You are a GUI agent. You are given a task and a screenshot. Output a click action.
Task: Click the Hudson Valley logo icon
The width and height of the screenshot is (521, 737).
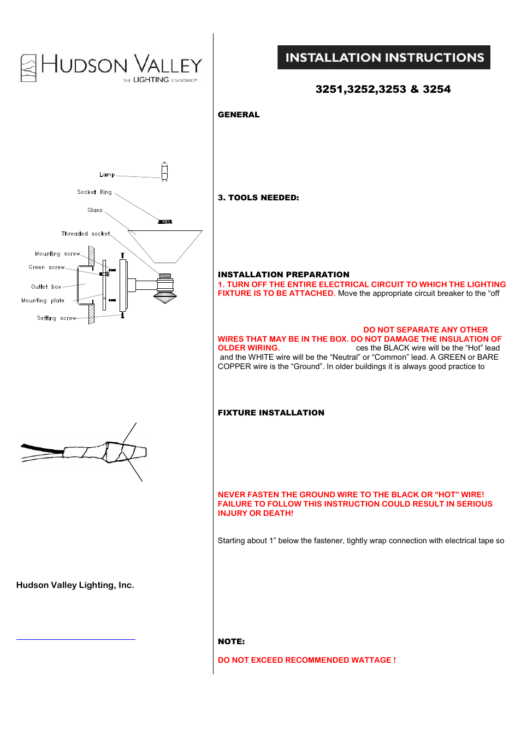tap(28, 68)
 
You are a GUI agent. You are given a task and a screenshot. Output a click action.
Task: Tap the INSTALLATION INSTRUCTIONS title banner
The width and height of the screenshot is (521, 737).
tap(384, 57)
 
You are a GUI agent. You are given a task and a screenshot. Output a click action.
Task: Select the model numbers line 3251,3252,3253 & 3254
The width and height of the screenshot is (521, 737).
tap(383, 90)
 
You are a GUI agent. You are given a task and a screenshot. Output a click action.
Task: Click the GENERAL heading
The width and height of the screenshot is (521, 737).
tap(239, 115)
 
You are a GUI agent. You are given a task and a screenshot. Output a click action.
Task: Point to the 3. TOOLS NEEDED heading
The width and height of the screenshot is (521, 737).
tap(258, 198)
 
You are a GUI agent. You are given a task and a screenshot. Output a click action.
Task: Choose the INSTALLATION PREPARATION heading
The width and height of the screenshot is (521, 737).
tap(283, 275)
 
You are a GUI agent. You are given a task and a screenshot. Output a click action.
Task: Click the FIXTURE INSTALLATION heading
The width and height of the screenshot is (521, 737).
tap(271, 413)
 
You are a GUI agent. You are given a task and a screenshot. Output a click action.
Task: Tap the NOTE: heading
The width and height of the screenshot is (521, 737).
tap(231, 641)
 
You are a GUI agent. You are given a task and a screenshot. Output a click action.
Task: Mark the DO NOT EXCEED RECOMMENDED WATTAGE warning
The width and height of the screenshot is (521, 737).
tap(306, 660)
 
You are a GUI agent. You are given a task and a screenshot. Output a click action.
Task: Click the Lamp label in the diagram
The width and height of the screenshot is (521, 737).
tap(107, 175)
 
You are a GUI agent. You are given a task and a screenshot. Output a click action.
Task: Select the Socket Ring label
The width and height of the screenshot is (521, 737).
tap(94, 192)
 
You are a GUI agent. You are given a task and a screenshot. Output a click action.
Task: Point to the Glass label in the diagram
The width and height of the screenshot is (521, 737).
tap(95, 210)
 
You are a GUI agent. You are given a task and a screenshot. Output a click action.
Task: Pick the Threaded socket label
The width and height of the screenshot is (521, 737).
tap(86, 234)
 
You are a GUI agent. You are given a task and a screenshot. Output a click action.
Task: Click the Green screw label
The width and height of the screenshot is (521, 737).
tap(47, 268)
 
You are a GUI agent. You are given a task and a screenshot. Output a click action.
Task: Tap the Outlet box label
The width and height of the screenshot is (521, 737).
tap(46, 287)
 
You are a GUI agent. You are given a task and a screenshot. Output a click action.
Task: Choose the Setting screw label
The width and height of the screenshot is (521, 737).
tap(57, 318)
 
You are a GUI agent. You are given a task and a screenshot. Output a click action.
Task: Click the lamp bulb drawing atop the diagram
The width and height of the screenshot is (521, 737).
tap(164, 171)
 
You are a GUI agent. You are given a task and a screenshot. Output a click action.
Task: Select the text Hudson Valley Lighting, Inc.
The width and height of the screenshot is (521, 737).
tap(75, 585)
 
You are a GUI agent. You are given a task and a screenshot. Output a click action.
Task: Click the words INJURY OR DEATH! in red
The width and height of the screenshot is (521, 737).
tap(256, 513)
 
